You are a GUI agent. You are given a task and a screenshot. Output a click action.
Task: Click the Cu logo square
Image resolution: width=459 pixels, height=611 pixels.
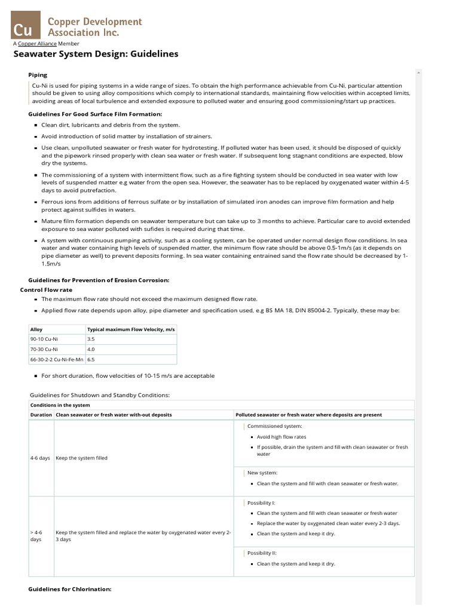[25, 27]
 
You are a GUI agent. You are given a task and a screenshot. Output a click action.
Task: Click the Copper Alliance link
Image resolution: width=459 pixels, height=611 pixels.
[37, 44]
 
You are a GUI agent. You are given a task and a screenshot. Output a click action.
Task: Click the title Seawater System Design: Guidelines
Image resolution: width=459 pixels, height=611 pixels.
[96, 54]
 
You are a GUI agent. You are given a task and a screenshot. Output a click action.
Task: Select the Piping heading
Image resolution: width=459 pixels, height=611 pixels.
[38, 75]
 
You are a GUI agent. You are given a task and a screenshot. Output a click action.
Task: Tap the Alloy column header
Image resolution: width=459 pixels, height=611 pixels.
[36, 329]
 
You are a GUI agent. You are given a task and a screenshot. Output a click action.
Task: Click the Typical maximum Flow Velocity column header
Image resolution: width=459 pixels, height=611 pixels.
[130, 329]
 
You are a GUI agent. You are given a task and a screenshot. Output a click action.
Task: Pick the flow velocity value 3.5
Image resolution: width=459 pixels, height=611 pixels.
[91, 339]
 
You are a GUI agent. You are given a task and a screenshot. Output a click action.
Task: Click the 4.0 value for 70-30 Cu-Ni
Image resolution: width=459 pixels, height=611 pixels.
[91, 349]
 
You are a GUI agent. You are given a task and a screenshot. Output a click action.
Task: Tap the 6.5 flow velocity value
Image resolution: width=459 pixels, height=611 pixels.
[91, 360]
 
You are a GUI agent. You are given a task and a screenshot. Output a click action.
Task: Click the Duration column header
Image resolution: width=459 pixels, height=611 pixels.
[41, 415]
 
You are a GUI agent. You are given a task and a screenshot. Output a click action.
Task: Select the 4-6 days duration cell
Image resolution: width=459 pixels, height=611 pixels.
[40, 458]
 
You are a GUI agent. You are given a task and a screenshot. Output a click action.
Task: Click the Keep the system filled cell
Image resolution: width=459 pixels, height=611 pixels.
[81, 458]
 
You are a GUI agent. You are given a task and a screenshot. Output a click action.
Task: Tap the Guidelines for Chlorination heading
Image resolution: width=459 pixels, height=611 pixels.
[70, 589]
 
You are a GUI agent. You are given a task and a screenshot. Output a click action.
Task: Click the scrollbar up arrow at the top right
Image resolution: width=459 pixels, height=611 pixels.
[418, 73]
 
